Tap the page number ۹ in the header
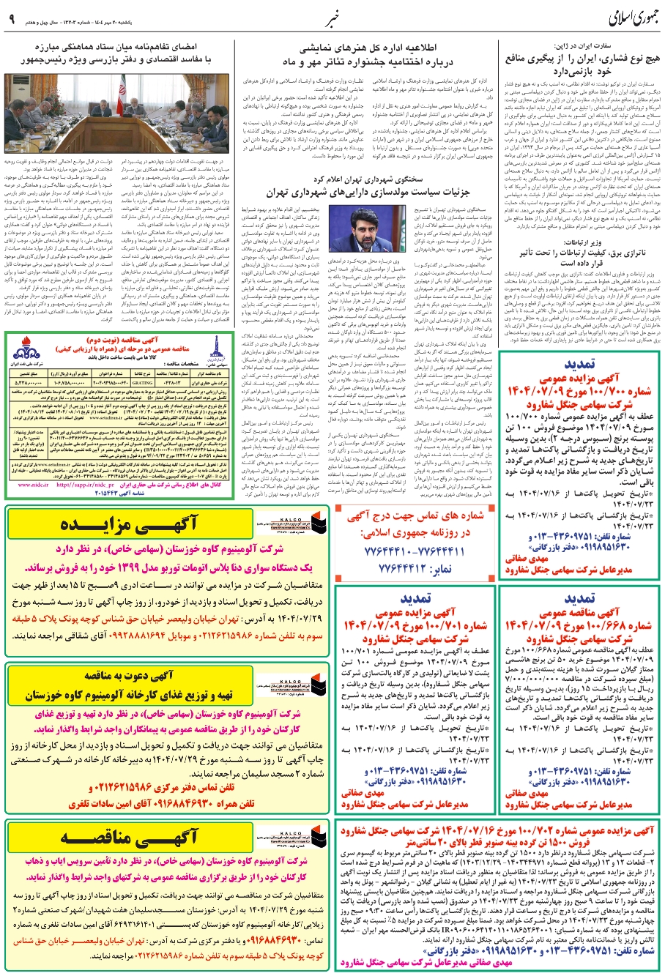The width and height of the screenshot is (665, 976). (x=11, y=18)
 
